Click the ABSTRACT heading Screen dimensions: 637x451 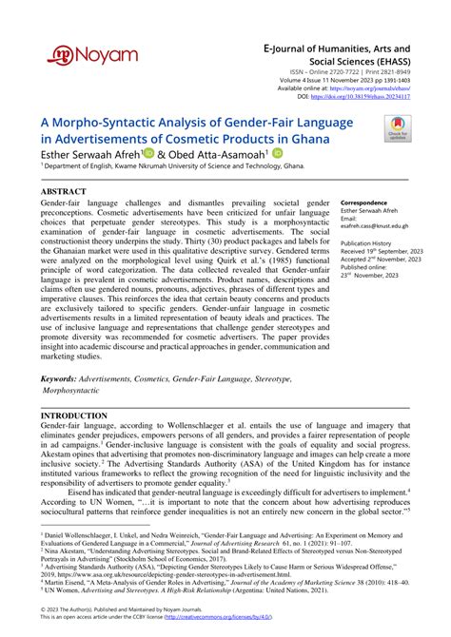click(64, 191)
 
